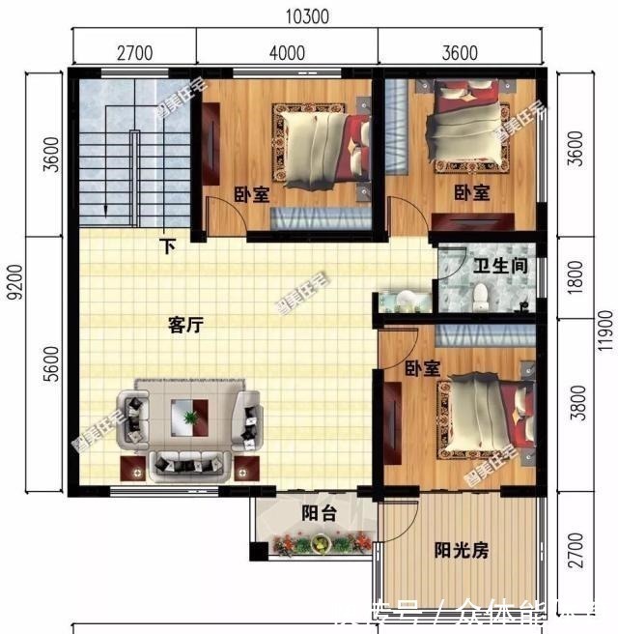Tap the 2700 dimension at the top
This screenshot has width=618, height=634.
pos(133,52)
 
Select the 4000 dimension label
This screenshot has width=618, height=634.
pos(287,52)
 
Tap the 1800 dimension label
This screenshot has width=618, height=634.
pos(576,279)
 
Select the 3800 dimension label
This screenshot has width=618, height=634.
pos(576,406)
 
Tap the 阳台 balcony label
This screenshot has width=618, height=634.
pos(318,514)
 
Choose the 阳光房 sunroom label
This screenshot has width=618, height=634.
pos(461,551)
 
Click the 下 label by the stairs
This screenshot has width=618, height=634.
pos(169,246)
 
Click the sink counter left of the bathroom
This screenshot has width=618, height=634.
pos(404,300)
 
